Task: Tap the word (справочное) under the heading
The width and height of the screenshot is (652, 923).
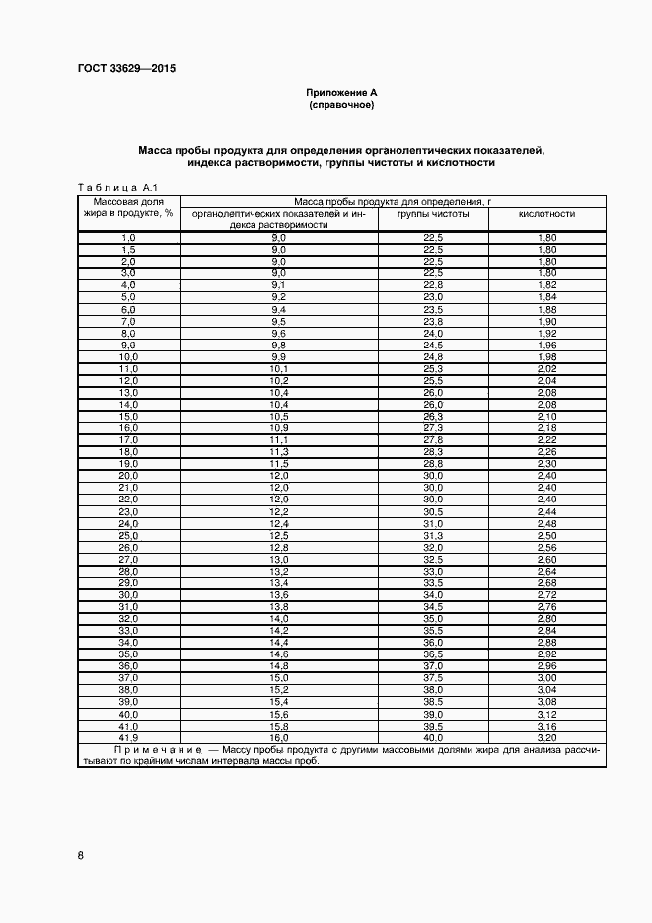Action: pyautogui.click(x=341, y=104)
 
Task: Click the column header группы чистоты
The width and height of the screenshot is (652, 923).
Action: pyautogui.click(x=433, y=213)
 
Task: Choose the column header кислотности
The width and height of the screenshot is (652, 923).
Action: pyautogui.click(x=546, y=213)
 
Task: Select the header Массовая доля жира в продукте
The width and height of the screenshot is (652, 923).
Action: pyautogui.click(x=128, y=206)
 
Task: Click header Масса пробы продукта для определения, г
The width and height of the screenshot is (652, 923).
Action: pyautogui.click(x=393, y=200)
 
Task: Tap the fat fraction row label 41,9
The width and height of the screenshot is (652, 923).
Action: pyautogui.click(x=128, y=737)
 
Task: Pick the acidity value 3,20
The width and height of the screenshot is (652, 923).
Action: pyautogui.click(x=546, y=737)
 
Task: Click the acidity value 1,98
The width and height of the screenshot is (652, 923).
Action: pyautogui.click(x=546, y=355)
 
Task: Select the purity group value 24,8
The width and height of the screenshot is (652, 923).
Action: pyautogui.click(x=433, y=355)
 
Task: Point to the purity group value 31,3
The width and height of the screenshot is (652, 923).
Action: pyautogui.click(x=433, y=535)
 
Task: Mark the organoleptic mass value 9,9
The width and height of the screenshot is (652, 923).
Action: pyautogui.click(x=278, y=355)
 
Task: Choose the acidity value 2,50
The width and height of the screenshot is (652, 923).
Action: pyautogui.click(x=546, y=535)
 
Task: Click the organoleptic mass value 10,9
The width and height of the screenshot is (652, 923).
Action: pyautogui.click(x=278, y=427)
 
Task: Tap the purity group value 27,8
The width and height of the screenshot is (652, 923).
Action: pyautogui.click(x=433, y=439)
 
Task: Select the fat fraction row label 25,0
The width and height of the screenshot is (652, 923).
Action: pyautogui.click(x=128, y=535)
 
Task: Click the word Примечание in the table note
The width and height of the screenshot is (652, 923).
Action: pyautogui.click(x=158, y=750)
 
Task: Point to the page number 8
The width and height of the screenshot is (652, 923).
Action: pyautogui.click(x=80, y=855)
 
